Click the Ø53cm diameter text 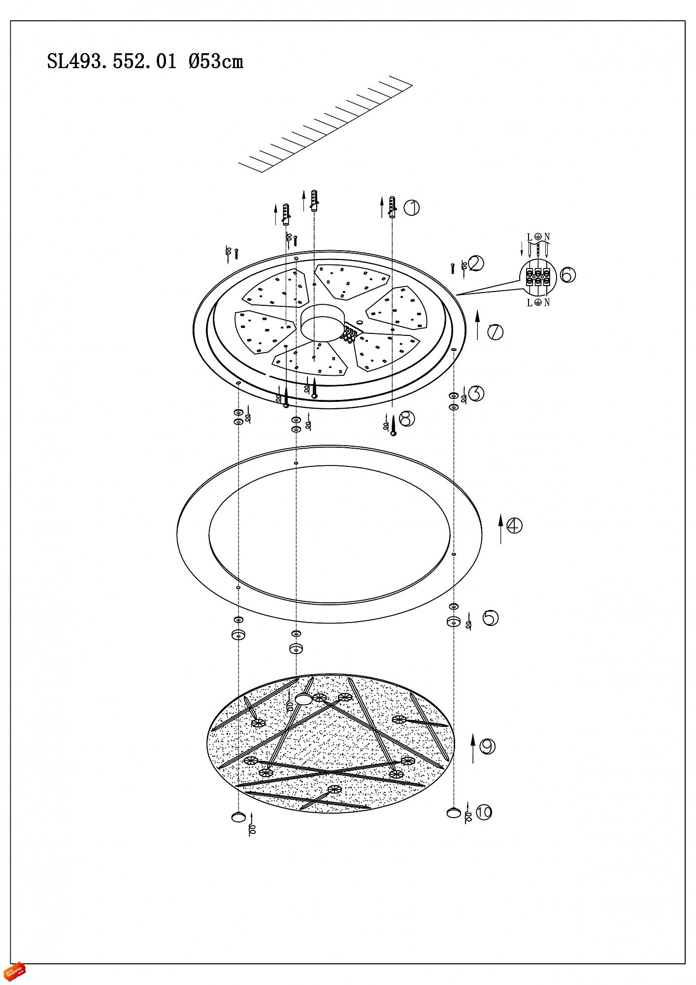216,62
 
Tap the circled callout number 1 412,208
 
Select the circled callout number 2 476,264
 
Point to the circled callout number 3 476,394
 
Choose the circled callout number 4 514,525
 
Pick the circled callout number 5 491,618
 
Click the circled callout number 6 567,275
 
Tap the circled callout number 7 495,332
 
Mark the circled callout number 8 407,419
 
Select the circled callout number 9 487,747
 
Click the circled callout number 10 484,812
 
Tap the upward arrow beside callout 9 473,748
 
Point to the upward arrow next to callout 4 501,528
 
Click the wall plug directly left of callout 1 393,207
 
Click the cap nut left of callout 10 453,813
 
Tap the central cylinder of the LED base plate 322,322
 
